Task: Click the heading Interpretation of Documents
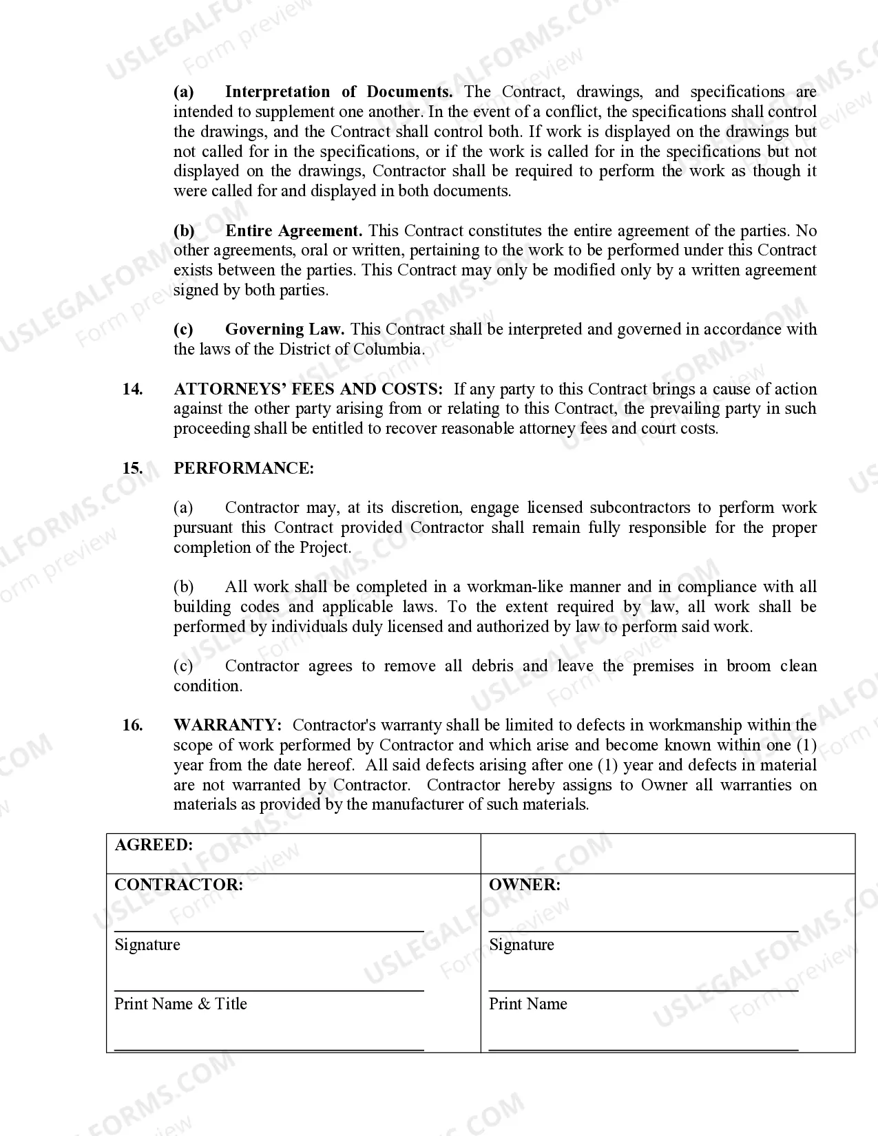(x=338, y=92)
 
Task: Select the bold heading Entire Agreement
(x=293, y=231)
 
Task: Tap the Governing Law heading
(x=284, y=329)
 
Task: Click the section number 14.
(x=132, y=389)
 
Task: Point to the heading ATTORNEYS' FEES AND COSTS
(x=308, y=389)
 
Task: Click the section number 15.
(x=132, y=468)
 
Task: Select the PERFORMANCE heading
(x=243, y=468)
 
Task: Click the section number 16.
(x=132, y=725)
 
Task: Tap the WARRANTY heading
(x=227, y=725)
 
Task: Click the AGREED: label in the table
(x=154, y=845)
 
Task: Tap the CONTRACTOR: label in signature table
(x=178, y=885)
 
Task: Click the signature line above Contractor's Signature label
(x=269, y=931)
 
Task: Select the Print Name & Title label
(x=180, y=1004)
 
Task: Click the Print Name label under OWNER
(x=527, y=1004)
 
